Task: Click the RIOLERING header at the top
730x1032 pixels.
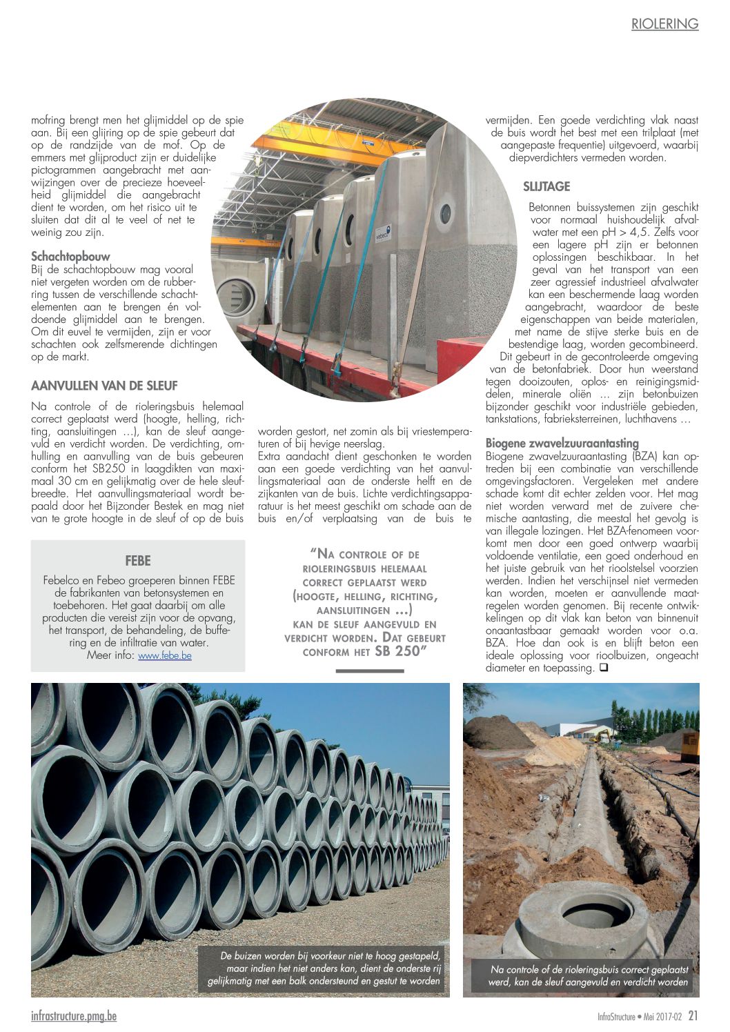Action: pyautogui.click(x=664, y=24)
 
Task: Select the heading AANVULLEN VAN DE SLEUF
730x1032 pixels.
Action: pyautogui.click(x=104, y=386)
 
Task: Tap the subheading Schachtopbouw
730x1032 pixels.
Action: pyautogui.click(x=70, y=257)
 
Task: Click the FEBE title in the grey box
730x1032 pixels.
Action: pyautogui.click(x=138, y=561)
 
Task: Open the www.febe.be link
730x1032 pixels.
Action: pyautogui.click(x=164, y=655)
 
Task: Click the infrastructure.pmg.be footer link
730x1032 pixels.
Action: pyautogui.click(x=74, y=1016)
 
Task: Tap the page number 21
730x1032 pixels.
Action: pyautogui.click(x=693, y=1016)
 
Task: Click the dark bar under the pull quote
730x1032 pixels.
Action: pyautogui.click(x=365, y=670)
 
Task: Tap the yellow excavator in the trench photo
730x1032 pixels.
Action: pyautogui.click(x=602, y=732)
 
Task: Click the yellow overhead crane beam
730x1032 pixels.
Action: pyautogui.click(x=324, y=148)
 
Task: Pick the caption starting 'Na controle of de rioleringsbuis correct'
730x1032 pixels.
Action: pyautogui.click(x=588, y=975)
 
